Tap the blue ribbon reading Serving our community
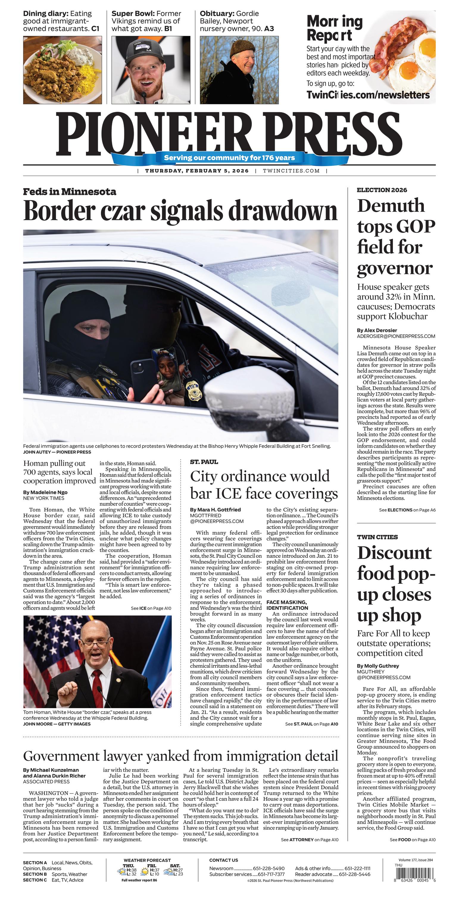[229, 157]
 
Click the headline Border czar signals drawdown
[180, 211]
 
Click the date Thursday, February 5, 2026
[196, 171]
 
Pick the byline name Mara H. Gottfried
[215, 509]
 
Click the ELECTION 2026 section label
[382, 190]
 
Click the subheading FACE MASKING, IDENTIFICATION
[286, 605]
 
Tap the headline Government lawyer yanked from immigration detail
[180, 755]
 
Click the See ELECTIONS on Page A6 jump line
[407, 510]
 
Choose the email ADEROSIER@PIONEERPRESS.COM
[396, 336]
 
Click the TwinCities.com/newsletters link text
[368, 95]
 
